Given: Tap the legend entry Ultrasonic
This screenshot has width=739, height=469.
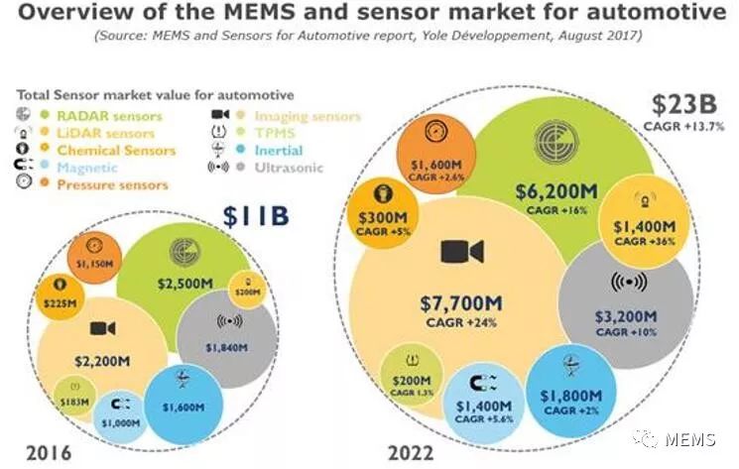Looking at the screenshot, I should click(287, 169).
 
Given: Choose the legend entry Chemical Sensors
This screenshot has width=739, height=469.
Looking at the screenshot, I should click(113, 151).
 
